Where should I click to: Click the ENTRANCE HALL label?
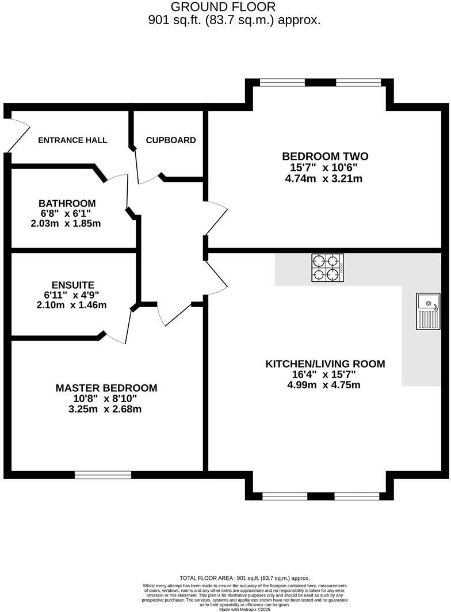pyautogui.click(x=72, y=140)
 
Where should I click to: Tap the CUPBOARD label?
pyautogui.click(x=171, y=140)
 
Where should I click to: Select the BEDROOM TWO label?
pyautogui.click(x=325, y=156)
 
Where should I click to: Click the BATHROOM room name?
pyautogui.click(x=67, y=204)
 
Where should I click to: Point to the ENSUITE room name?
pyautogui.click(x=72, y=285)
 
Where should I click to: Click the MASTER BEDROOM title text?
pyautogui.click(x=106, y=388)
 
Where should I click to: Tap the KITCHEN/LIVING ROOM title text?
pyautogui.click(x=324, y=364)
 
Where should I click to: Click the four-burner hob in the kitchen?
pyautogui.click(x=328, y=267)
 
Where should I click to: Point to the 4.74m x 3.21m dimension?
pyautogui.click(x=323, y=179)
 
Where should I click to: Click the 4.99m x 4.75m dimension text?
pyautogui.click(x=323, y=385)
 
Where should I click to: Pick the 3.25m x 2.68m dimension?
pyautogui.click(x=105, y=410)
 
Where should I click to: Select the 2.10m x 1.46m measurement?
pyautogui.click(x=71, y=305)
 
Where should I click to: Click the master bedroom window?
pyautogui.click(x=103, y=475)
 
